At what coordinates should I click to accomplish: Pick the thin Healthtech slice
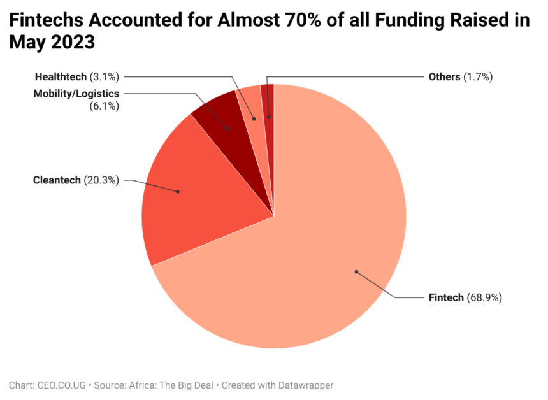pos(249,105)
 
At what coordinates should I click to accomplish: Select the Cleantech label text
pos(57,180)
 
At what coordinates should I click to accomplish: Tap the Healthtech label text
pos(61,77)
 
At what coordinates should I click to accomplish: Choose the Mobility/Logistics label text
pos(76,94)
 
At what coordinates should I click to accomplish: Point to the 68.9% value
pos(485,297)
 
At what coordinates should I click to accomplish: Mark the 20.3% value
pos(101,180)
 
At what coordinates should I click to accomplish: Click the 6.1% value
pos(105,106)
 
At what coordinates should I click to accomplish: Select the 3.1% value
pos(105,77)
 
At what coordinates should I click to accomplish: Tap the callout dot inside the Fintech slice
pos(357,272)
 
